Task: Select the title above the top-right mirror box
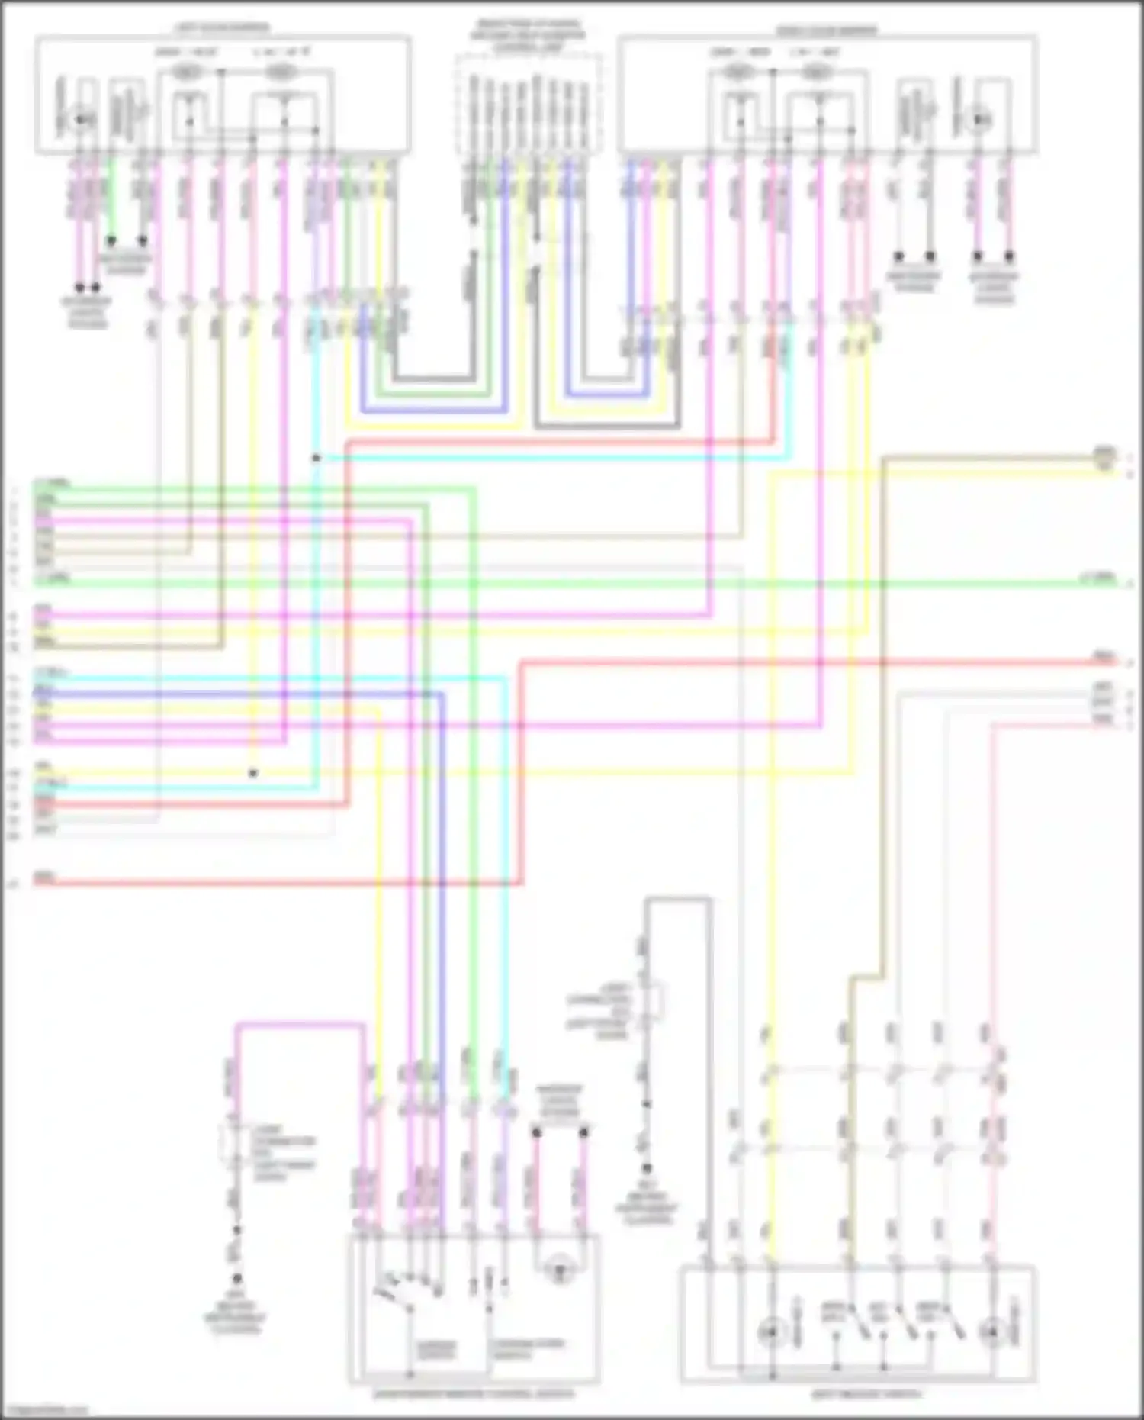(827, 31)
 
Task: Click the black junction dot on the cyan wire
(316, 458)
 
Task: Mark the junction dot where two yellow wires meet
(253, 773)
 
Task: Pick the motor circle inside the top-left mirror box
(82, 120)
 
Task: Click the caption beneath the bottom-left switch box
(473, 1394)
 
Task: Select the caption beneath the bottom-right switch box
(866, 1394)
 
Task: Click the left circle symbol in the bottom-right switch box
(771, 1331)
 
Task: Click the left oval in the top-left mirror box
(188, 72)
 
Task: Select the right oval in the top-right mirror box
(817, 72)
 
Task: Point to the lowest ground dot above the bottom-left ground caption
(237, 1278)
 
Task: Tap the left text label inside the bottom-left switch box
(436, 1349)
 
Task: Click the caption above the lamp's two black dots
(559, 1102)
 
